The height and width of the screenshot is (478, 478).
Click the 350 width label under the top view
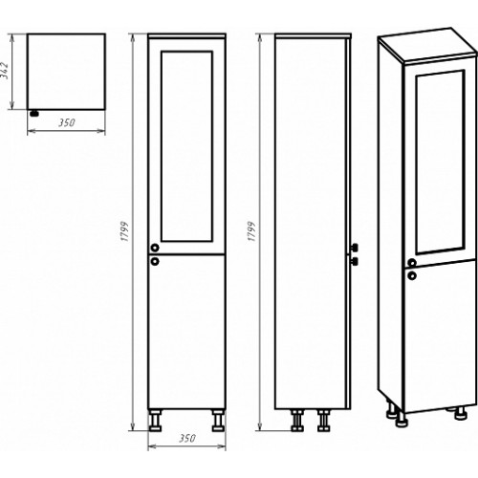pyautogui.click(x=66, y=122)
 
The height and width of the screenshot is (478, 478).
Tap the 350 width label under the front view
pyautogui.click(x=186, y=438)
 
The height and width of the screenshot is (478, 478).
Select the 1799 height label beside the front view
pyautogui.click(x=125, y=231)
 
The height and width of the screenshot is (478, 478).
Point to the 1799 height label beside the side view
pyautogui.click(x=251, y=231)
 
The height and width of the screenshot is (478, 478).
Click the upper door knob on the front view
pyautogui.click(x=155, y=248)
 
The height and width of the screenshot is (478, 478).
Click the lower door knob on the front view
pyautogui.click(x=155, y=261)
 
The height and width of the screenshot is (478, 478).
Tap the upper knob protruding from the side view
pyautogui.click(x=354, y=248)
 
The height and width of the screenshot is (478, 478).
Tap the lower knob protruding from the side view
pyautogui.click(x=354, y=261)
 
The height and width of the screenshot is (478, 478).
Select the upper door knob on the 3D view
pyautogui.click(x=412, y=263)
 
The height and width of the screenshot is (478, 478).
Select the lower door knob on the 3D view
pyautogui.click(x=412, y=275)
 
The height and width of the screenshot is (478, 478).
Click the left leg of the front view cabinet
pyautogui.click(x=155, y=421)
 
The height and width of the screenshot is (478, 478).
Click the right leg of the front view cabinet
pyautogui.click(x=219, y=421)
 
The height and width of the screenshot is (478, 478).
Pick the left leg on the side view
pyautogui.click(x=297, y=421)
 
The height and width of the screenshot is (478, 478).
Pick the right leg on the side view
pyautogui.click(x=323, y=421)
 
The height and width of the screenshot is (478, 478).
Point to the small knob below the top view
pyautogui.click(x=34, y=113)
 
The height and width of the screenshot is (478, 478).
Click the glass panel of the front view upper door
pyautogui.click(x=186, y=146)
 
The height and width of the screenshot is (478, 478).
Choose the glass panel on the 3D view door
pyautogui.click(x=440, y=163)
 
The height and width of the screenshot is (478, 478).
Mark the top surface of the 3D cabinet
pyautogui.click(x=428, y=45)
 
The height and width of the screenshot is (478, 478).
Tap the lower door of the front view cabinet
pyautogui.click(x=186, y=332)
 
